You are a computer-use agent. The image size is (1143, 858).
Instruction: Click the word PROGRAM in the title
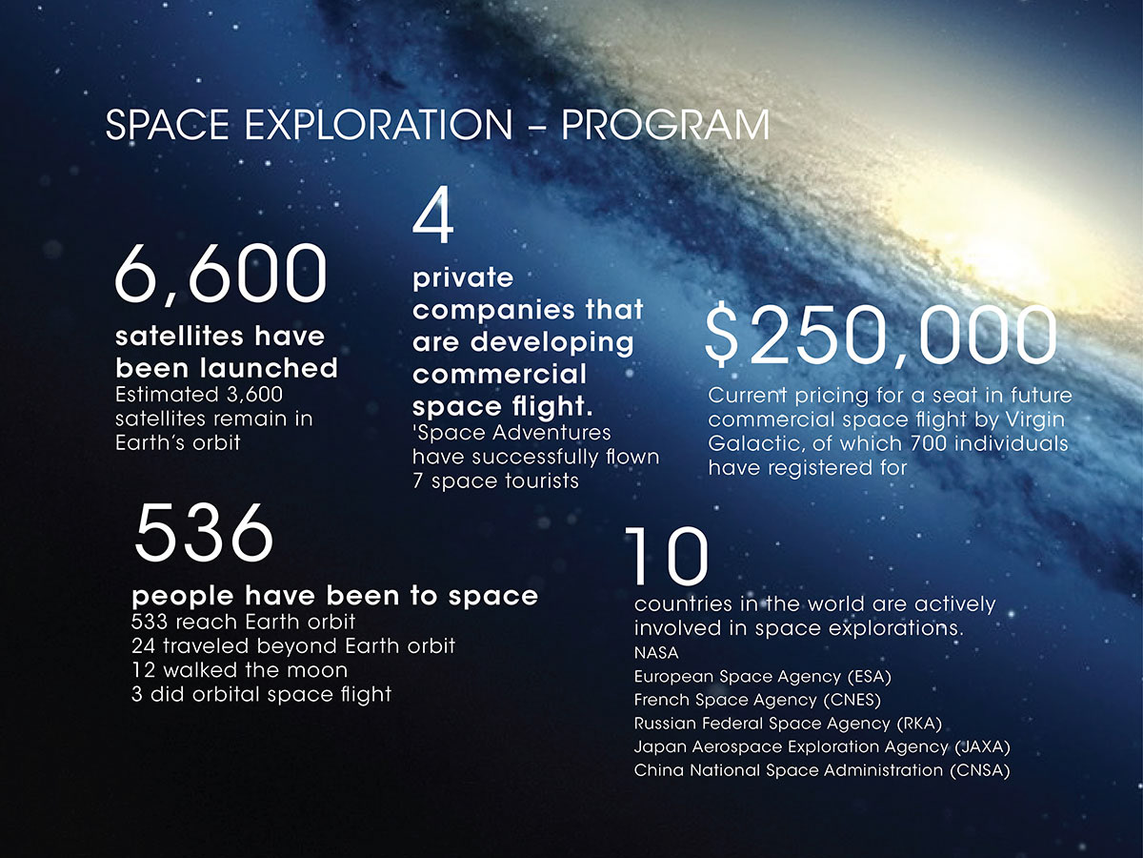tap(665, 125)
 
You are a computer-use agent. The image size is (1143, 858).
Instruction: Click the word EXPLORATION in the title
tap(378, 125)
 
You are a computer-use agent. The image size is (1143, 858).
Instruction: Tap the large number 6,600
tap(221, 275)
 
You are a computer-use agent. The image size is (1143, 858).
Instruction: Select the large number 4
tap(432, 215)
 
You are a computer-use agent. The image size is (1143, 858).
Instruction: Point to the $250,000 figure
tap(880, 335)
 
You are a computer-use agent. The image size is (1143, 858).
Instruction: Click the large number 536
tap(203, 533)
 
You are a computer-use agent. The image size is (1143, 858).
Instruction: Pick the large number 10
tap(666, 556)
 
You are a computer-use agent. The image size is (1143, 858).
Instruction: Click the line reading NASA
tap(656, 653)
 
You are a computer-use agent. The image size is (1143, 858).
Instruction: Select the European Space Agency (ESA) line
tap(762, 677)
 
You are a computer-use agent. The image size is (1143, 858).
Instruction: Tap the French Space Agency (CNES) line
tap(757, 700)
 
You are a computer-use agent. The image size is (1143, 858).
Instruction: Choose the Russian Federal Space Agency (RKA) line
tap(788, 724)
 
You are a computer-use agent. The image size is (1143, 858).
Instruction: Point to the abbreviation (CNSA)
tap(979, 770)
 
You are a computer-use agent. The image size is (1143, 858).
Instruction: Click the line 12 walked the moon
tap(239, 670)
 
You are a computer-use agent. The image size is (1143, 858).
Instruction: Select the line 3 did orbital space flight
tap(261, 695)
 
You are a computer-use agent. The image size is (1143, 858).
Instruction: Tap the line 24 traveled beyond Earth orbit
tap(293, 646)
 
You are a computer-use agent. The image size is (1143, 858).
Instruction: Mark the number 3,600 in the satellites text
tap(254, 395)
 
